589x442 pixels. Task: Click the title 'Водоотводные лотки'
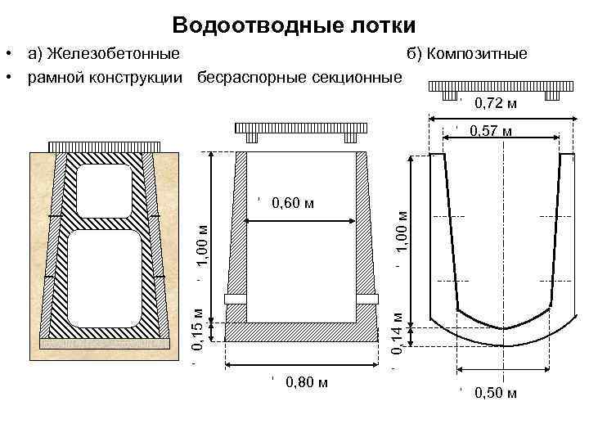pyautogui.click(x=295, y=25)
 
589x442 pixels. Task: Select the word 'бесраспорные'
pyautogui.click(x=252, y=78)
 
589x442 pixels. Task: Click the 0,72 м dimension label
pyautogui.click(x=496, y=104)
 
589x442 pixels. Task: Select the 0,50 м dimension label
pyautogui.click(x=496, y=394)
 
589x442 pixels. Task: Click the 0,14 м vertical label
pyautogui.click(x=397, y=334)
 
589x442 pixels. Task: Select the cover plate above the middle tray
pyautogui.click(x=300, y=129)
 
